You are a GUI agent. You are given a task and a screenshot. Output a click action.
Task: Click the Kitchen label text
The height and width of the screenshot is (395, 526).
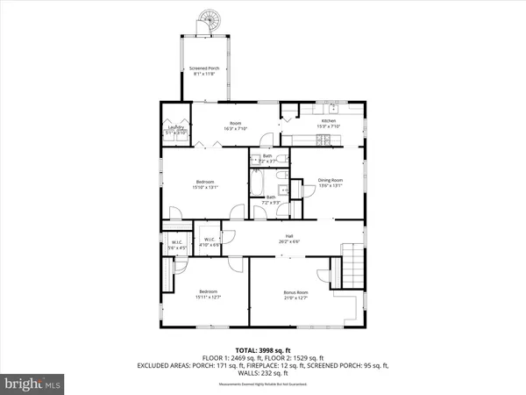(328, 120)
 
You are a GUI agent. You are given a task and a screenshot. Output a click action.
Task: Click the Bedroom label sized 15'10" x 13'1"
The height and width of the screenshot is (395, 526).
(204, 182)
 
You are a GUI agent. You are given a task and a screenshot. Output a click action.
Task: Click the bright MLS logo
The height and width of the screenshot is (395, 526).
(32, 383)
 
